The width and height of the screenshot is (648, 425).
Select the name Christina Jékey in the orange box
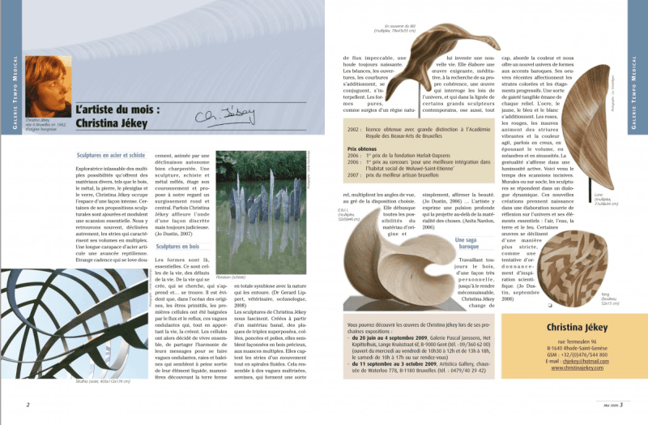tap(567, 328)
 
